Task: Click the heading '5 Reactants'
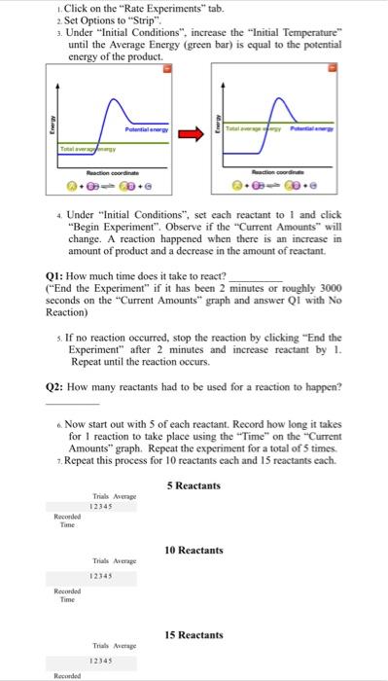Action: click(x=194, y=485)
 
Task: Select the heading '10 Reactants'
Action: click(x=194, y=550)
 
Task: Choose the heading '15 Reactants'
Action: click(x=194, y=634)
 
